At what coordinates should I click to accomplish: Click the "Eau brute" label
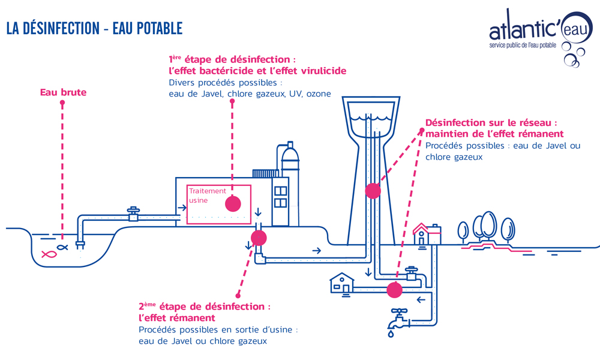click(x=63, y=92)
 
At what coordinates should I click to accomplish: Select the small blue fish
click(x=62, y=246)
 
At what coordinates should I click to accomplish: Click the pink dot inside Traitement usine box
click(x=233, y=203)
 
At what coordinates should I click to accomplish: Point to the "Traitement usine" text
click(x=207, y=195)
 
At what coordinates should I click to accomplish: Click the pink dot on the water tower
click(x=373, y=191)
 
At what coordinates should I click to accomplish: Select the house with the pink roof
click(x=426, y=234)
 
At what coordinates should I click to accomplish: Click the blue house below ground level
click(x=342, y=283)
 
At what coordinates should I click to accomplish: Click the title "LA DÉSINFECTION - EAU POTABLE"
click(x=94, y=28)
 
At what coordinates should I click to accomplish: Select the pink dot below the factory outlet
click(x=258, y=238)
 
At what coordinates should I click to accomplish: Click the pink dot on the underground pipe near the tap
click(x=394, y=290)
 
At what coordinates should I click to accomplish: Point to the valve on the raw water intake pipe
click(x=133, y=214)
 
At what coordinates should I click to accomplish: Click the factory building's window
click(x=280, y=197)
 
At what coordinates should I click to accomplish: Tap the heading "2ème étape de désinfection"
click(x=204, y=307)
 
